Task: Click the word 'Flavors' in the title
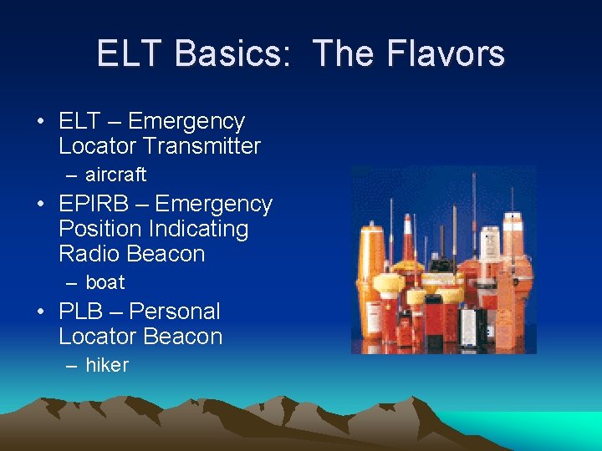451,53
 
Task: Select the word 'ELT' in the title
130,53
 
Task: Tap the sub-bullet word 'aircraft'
115,175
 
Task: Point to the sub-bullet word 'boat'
105,282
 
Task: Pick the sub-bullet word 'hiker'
106,365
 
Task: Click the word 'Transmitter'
202,146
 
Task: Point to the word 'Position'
97,229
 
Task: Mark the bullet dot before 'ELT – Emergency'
41,122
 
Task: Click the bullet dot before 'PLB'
41,312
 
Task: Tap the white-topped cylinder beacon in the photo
511,251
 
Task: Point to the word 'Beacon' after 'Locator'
181,337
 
